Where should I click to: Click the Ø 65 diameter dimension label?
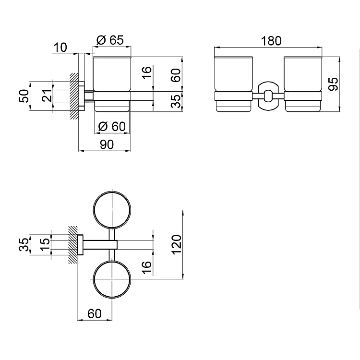110,40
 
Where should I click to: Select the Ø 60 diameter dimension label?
112,127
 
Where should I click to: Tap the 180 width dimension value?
271,41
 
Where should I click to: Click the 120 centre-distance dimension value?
177,244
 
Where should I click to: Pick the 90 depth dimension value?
107,144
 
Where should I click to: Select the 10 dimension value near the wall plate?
60,48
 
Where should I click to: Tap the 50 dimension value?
24,96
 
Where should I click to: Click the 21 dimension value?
47,96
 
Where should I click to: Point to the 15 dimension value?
45,244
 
